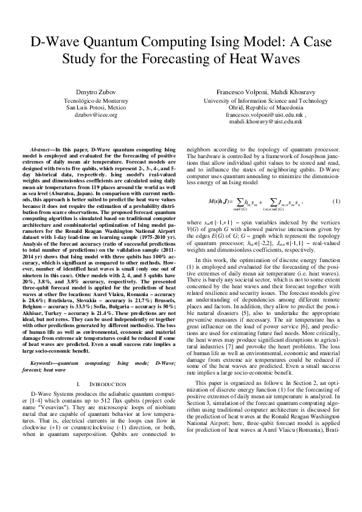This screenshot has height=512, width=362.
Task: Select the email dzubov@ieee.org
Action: [x=91, y=114]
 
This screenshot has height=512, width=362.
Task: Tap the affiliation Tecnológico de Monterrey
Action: [x=91, y=100]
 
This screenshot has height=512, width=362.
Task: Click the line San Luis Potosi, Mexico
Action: [x=91, y=107]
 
